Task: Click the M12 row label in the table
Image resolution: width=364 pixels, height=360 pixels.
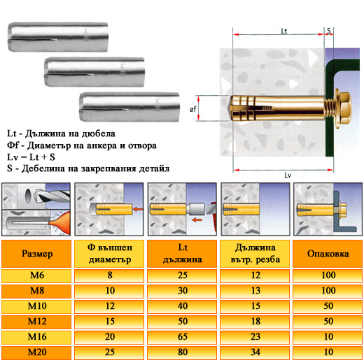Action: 37,322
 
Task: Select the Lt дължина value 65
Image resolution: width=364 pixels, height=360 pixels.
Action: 183,337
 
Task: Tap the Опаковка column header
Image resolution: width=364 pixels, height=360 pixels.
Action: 328,254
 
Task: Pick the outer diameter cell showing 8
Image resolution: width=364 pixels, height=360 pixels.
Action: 110,275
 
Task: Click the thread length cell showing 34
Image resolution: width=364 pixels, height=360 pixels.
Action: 255,352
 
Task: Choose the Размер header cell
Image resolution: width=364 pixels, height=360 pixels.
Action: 37,254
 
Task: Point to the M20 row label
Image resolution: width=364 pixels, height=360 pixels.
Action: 37,352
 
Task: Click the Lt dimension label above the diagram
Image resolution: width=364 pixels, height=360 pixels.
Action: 283,31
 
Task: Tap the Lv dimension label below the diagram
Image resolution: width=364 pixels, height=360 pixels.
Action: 288,175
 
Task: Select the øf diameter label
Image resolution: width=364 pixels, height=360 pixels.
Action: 192,109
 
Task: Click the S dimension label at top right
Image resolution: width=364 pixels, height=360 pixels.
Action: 329,31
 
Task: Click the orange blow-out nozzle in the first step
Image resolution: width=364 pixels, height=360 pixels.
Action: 59,222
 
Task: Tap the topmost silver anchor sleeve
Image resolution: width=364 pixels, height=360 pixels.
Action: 58,37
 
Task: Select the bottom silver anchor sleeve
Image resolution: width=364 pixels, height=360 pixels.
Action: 129,107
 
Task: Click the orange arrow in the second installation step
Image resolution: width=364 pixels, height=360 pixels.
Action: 138,209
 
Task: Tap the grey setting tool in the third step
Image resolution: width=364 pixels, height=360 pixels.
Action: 196,209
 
